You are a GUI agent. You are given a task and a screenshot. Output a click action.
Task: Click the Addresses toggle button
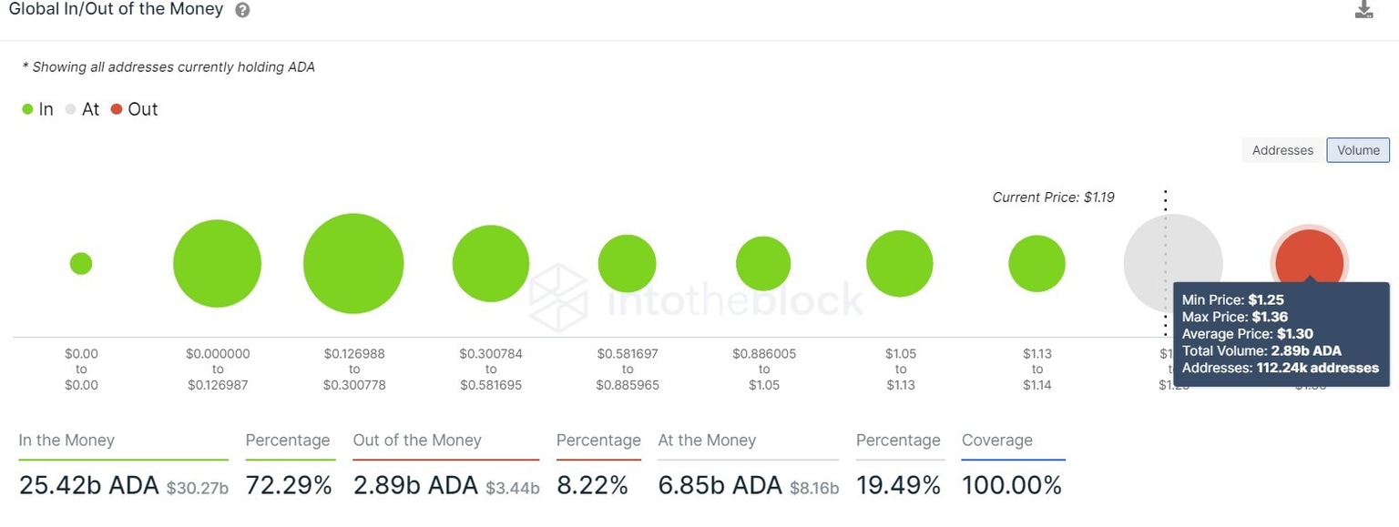coord(1282,150)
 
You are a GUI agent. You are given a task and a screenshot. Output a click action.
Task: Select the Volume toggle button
coord(1358,150)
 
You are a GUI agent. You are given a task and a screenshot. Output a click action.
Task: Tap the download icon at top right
coord(1363,10)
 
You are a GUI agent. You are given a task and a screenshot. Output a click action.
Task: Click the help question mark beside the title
coord(242,11)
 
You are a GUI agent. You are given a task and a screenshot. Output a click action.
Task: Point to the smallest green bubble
coord(81,264)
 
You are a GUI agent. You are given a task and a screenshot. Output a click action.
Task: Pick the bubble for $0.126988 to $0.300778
coord(353,264)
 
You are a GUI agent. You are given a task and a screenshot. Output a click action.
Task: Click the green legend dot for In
coord(27,110)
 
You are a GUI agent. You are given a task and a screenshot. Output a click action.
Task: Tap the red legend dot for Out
coord(117,110)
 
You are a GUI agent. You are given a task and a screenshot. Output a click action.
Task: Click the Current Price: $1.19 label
coord(1053,197)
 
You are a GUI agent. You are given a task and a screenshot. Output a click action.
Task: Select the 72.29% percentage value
coord(289,486)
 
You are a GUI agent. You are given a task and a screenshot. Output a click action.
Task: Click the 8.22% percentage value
coord(592,486)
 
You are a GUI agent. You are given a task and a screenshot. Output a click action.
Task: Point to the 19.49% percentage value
coord(898,486)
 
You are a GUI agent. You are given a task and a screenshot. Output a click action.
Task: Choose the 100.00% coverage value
coord(1012,486)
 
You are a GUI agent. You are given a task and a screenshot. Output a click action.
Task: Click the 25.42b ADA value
coord(88,486)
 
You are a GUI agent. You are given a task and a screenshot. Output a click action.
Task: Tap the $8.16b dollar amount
coord(814,488)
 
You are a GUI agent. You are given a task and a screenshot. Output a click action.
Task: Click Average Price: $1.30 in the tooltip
coord(1247,334)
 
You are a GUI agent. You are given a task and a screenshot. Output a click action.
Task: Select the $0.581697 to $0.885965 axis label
coord(628,369)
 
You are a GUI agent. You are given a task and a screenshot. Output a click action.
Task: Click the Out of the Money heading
coord(416,441)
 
